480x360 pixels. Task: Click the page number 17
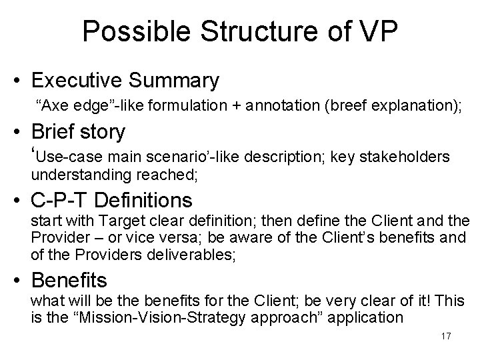[445, 337]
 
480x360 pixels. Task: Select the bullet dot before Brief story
[20, 133]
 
